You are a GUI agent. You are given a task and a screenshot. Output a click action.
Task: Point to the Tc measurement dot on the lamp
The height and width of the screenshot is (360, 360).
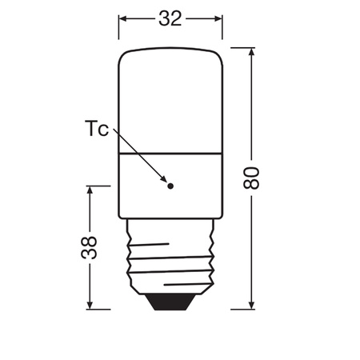[x=170, y=186]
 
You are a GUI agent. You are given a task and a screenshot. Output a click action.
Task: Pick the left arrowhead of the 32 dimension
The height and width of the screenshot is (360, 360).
[x=124, y=18]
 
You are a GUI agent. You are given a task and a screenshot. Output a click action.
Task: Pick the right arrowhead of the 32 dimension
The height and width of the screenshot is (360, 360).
[x=218, y=18]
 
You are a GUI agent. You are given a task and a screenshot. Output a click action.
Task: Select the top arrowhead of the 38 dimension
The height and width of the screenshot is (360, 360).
[x=90, y=191]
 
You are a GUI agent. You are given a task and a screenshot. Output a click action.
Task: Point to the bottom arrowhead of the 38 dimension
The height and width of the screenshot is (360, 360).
[x=90, y=305]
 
